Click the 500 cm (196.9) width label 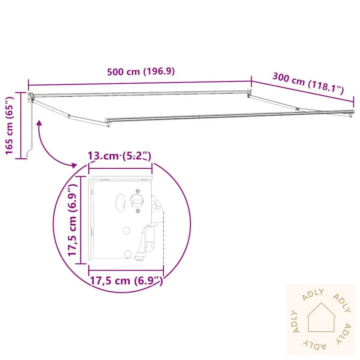click(141, 72)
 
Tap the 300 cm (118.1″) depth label click(308, 83)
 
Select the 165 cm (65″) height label click(9, 126)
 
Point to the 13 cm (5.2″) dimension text click(120, 156)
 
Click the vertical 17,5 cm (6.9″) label click(72, 220)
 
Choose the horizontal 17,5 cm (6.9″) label click(126, 280)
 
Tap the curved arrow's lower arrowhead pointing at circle click(74, 165)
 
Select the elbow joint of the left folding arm click(69, 116)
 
